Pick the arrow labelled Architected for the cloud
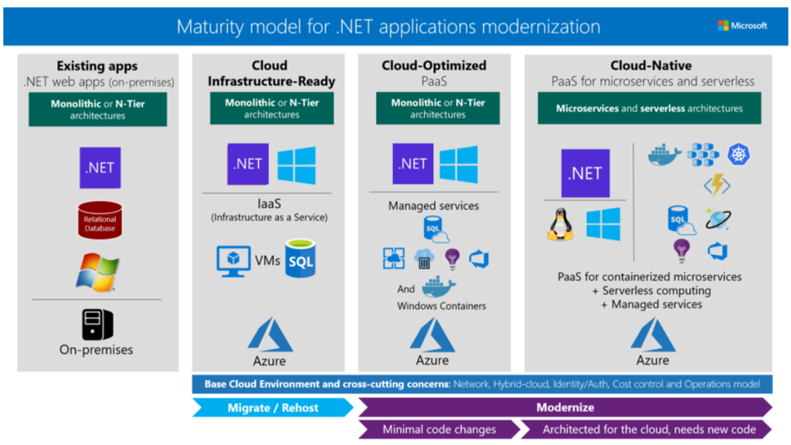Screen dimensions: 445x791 point(646,429)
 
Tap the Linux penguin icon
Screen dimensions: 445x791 point(559,224)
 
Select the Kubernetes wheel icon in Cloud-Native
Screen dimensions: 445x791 point(738,155)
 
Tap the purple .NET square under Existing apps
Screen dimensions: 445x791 point(100,167)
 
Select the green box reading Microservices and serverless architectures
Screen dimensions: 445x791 point(650,109)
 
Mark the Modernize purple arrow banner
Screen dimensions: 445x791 point(565,407)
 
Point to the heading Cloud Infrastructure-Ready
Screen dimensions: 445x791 point(270,73)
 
